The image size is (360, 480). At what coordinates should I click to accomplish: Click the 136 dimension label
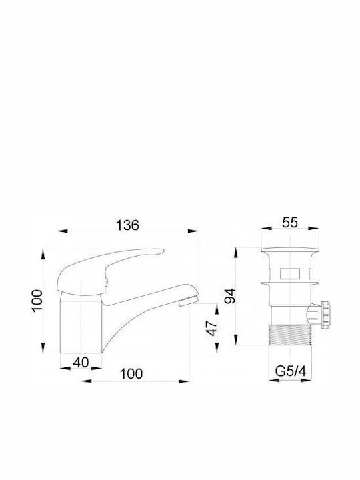coord(127,225)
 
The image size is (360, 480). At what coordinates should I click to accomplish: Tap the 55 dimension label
coord(289,223)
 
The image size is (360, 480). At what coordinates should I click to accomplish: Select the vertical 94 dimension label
coord(230,296)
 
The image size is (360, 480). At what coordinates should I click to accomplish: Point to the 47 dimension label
coord(212,328)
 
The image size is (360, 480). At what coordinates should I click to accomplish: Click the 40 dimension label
coord(81,363)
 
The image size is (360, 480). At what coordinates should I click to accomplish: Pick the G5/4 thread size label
coord(291,371)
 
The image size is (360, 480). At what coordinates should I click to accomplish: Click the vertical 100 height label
coord(37,301)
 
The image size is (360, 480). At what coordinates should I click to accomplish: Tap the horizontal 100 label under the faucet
coord(131,374)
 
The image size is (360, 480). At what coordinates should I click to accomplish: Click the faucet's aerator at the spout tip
coord(188,301)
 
